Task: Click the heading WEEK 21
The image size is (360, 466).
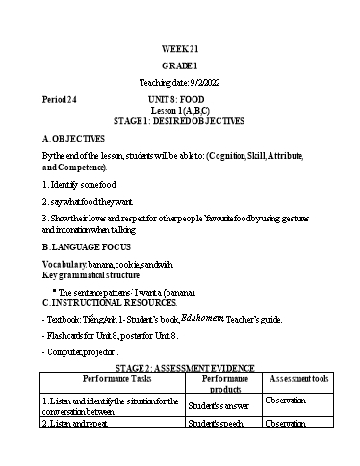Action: coord(179,50)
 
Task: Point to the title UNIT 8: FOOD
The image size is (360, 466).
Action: coord(179,99)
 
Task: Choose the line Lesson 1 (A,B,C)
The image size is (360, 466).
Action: coord(179,111)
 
